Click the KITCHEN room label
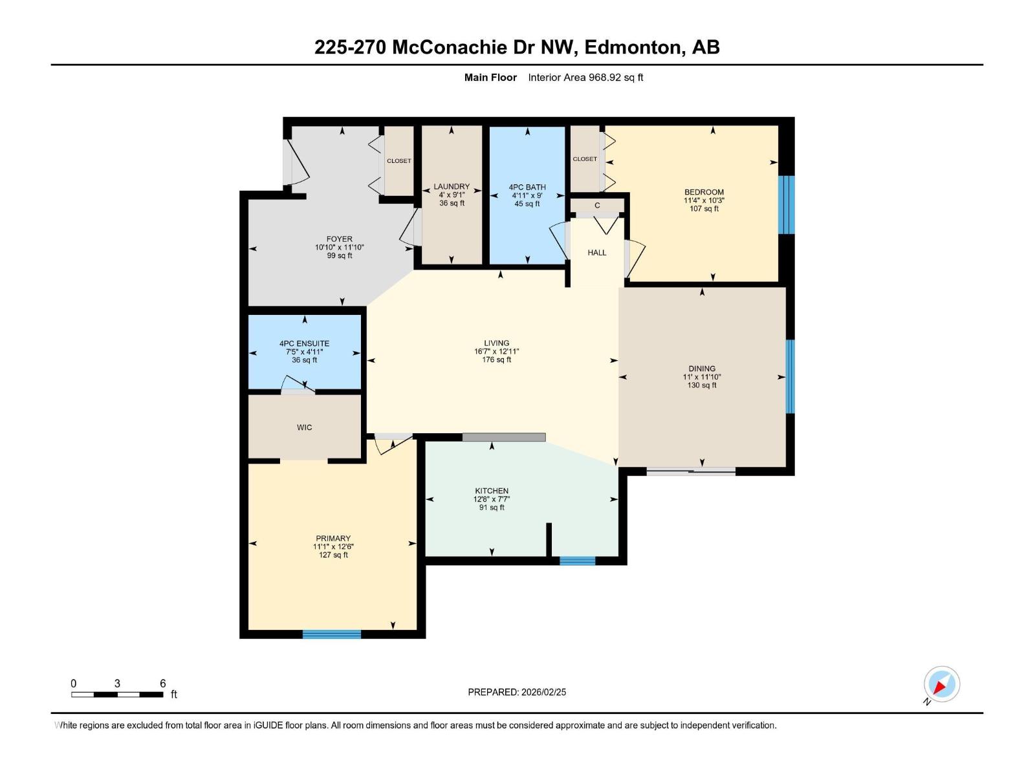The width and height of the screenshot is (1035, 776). pos(492,490)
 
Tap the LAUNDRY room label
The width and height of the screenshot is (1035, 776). pos(452,187)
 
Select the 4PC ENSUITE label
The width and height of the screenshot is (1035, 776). pos(304,343)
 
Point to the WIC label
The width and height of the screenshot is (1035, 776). pos(304,427)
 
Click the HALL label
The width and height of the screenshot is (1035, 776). pos(596,253)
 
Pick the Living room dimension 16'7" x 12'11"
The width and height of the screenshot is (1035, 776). pos(496,352)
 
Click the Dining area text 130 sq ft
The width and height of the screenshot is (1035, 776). pos(702,385)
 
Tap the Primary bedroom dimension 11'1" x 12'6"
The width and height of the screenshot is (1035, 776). pos(333,546)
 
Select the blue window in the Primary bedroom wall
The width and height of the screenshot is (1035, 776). pos(331,634)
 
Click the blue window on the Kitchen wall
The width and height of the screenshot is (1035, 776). pos(577,561)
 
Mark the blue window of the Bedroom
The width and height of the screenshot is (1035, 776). pos(786,205)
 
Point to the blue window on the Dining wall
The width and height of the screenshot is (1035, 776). pos(790,376)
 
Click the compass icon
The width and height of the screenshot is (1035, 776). pos(941,685)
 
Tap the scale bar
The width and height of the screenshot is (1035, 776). pos(117,695)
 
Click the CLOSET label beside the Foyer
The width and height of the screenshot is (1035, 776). pos(398,160)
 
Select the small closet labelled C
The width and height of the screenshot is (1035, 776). pos(597,206)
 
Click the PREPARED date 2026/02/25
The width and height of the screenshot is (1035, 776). pos(543,692)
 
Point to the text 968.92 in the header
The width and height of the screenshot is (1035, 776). pos(604,77)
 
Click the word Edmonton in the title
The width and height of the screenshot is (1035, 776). pos(635,48)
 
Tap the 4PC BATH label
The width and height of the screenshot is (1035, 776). pos(527,187)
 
